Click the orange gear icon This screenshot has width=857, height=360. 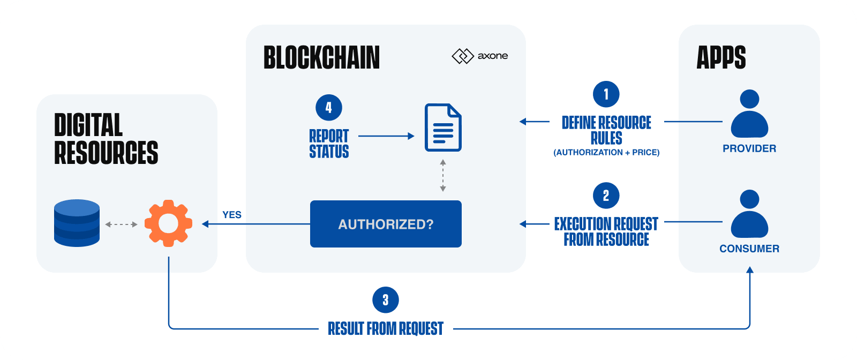pyautogui.click(x=168, y=223)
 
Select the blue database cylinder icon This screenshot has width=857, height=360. pyautogui.click(x=77, y=223)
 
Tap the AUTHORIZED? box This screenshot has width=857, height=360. pyautogui.click(x=386, y=224)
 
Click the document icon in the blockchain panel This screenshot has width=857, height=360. pyautogui.click(x=443, y=127)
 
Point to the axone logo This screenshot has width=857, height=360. pyautogui.click(x=480, y=56)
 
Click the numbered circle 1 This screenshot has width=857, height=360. pyautogui.click(x=606, y=94)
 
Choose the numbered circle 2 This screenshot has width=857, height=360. pyautogui.click(x=606, y=196)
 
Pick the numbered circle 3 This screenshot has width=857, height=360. pyautogui.click(x=385, y=300)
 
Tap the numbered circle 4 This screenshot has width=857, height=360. pyautogui.click(x=328, y=108)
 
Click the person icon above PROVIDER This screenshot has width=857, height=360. pyautogui.click(x=749, y=114)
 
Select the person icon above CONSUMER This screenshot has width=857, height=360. pyautogui.click(x=749, y=214)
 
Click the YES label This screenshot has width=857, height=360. pyautogui.click(x=232, y=215)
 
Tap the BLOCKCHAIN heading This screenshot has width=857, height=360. pyautogui.click(x=321, y=58)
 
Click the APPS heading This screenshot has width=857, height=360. pyautogui.click(x=721, y=58)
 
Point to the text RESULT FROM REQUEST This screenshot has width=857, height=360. pyautogui.click(x=386, y=328)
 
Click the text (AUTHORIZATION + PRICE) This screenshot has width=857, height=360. pyautogui.click(x=606, y=153)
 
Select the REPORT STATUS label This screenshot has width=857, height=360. pyautogui.click(x=329, y=144)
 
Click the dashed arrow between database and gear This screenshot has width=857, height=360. pyautogui.click(x=121, y=224)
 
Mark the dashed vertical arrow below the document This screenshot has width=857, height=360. pyautogui.click(x=443, y=175)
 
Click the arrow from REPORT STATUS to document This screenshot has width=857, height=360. pyautogui.click(x=386, y=136)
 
